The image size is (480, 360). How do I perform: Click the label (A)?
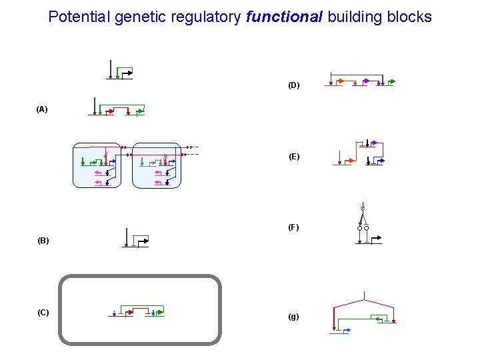coord(42,109)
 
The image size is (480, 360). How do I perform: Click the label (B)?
coord(43,240)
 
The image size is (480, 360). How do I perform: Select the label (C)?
coord(43,313)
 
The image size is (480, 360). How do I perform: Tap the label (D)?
coord(293,85)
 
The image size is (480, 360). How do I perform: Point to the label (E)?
coord(293,157)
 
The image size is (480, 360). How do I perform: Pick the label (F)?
coord(293,227)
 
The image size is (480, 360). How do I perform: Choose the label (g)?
coord(293,317)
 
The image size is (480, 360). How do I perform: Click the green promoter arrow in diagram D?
coord(391,82)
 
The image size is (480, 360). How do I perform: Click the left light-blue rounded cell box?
coord(97,166)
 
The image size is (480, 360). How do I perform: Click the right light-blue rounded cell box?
coord(157,166)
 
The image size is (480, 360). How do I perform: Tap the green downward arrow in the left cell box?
coord(82,161)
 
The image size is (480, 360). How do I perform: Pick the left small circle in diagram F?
coord(359,228)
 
